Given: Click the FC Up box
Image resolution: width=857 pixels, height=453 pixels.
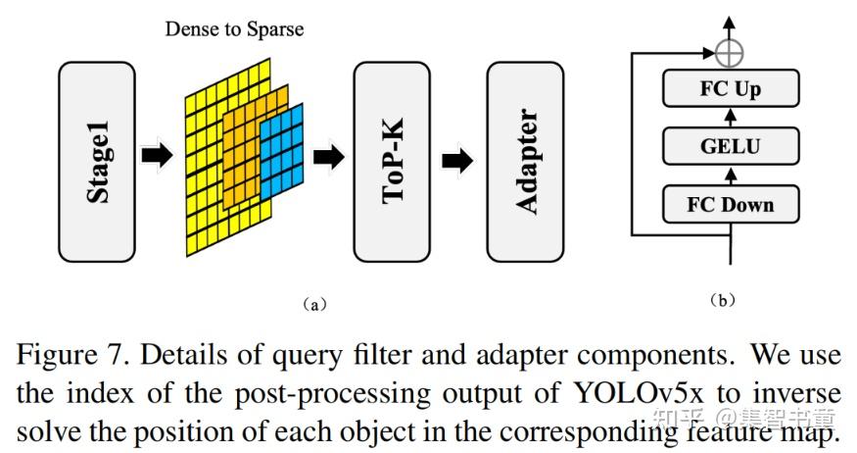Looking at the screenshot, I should pos(731,89).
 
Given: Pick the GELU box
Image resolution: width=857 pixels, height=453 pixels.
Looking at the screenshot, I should pos(731,147).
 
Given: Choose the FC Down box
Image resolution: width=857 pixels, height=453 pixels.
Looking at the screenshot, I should pos(731,205).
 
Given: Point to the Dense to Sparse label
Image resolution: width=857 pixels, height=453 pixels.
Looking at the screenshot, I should pos(233,28).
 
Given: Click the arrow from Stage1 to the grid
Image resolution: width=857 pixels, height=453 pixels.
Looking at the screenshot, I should pos(157,156).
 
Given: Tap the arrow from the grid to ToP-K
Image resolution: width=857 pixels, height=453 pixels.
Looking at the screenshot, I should pos(329,156).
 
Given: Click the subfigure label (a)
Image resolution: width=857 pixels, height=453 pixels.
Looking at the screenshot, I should pos(311,305).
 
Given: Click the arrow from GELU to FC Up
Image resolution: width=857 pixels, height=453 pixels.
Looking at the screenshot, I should pos(731,119).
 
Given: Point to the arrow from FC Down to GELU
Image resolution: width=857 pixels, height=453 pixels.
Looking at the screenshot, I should pos(731,176).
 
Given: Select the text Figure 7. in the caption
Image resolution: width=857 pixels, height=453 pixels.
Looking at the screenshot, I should pos(62,355).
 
